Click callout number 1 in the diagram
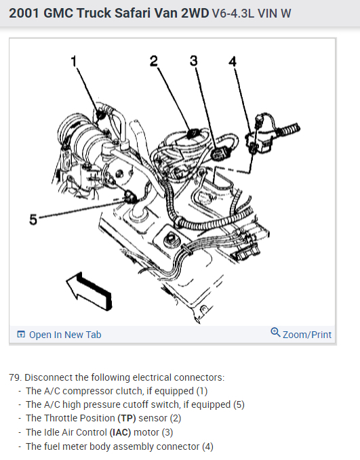coord(74,62)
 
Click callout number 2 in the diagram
coord(154,61)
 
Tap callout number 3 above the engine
coord(193,61)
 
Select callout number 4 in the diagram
coord(233,62)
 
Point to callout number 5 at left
coord(33,219)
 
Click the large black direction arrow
coord(89,291)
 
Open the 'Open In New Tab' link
coord(65,335)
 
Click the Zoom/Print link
coord(307,335)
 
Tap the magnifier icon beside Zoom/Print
coord(275,333)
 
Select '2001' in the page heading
coord(24,13)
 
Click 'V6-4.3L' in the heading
coord(233,14)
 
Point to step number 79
coord(16,377)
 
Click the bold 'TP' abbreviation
coord(127,418)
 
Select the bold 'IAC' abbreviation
coord(121,432)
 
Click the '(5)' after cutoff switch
coord(239,404)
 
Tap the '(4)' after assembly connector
coord(207,446)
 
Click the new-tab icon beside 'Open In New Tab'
coord(21,335)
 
